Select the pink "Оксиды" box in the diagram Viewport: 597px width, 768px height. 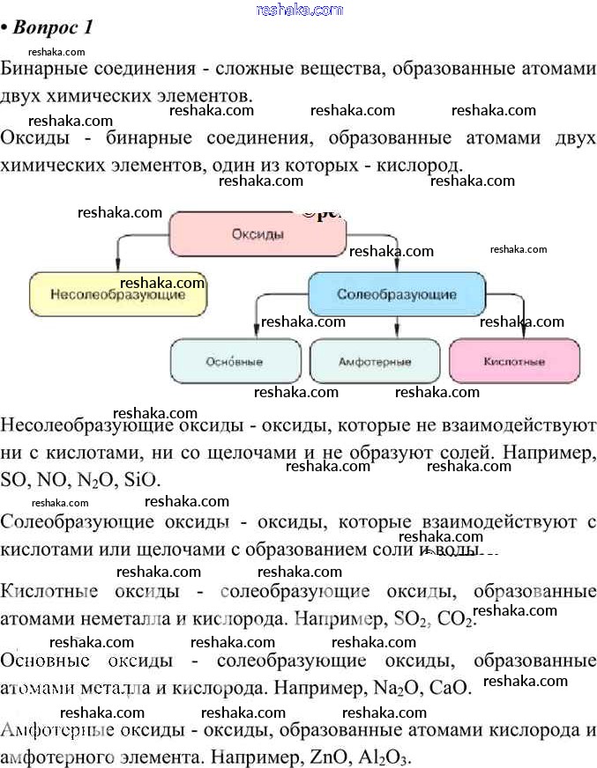[257, 234]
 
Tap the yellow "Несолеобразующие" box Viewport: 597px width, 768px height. [118, 294]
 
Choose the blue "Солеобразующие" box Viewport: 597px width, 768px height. [396, 294]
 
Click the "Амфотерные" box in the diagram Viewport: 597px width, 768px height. [374, 361]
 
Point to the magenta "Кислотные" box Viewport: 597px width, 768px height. [514, 361]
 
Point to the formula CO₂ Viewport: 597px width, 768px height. [456, 619]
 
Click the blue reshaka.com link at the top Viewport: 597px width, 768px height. [299, 10]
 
